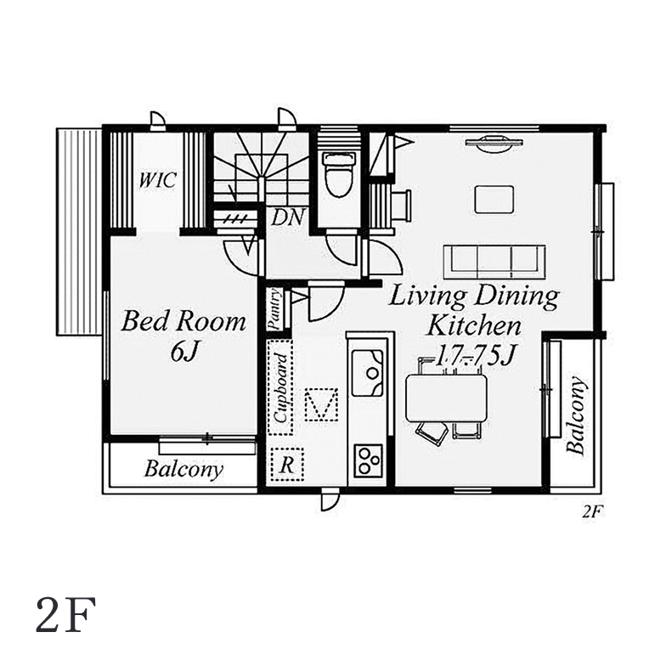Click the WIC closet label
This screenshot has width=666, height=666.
(157, 180)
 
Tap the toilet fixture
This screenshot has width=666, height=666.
(338, 173)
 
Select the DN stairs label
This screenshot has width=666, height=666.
(288, 217)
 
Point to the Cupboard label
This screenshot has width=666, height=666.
(280, 387)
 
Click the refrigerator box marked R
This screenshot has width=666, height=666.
(287, 464)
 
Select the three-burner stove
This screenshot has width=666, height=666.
(368, 460)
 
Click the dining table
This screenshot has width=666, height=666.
(446, 398)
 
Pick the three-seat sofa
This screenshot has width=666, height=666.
(494, 262)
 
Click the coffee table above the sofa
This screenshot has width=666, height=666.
(494, 199)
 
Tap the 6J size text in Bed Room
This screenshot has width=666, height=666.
(183, 351)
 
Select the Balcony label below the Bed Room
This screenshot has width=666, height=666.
(183, 470)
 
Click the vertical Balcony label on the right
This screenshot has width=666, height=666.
(576, 415)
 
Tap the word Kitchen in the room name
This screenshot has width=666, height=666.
(474, 326)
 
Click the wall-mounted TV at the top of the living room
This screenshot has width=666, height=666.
(494, 143)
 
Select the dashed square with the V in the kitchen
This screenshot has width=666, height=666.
(321, 404)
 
